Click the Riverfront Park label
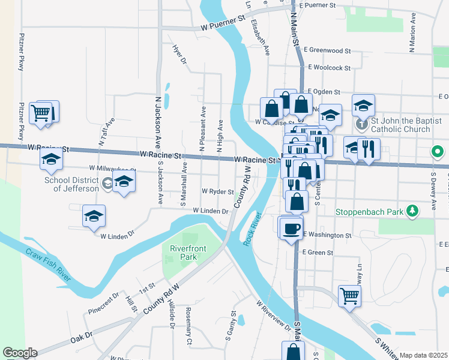click(x=184, y=253)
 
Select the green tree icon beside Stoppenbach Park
click(x=412, y=211)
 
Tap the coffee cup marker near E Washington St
click(x=292, y=228)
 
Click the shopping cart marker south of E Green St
click(x=349, y=295)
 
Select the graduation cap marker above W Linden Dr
click(x=94, y=217)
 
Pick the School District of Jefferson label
click(x=71, y=184)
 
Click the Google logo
click(x=20, y=353)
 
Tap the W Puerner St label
click(x=223, y=22)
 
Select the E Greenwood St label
click(x=327, y=50)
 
